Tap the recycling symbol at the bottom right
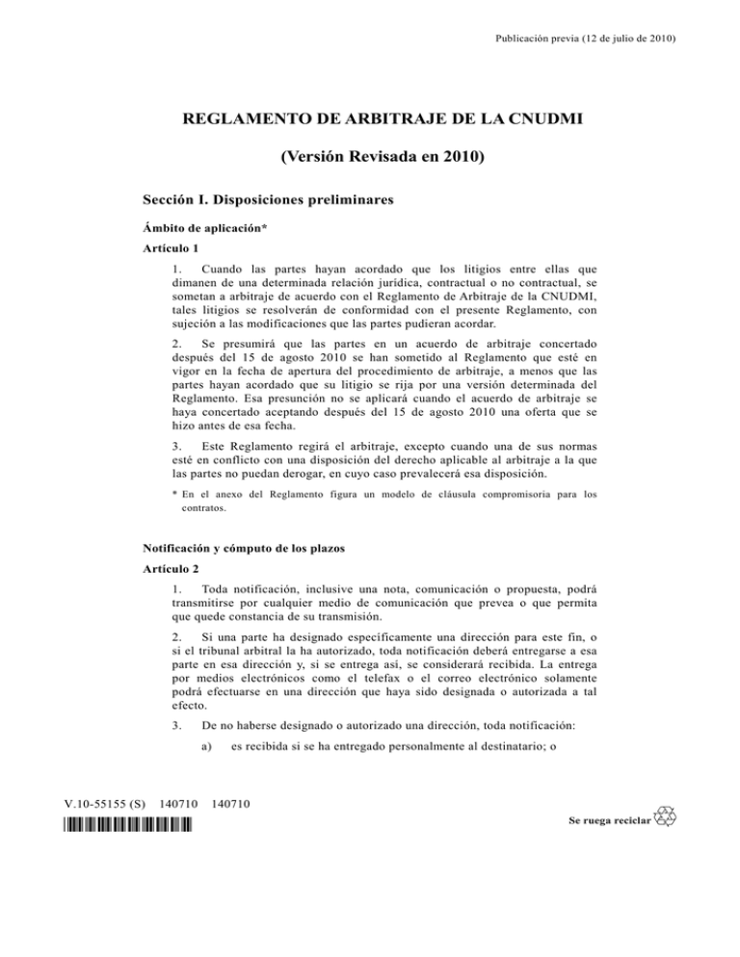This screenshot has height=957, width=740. [665, 818]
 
